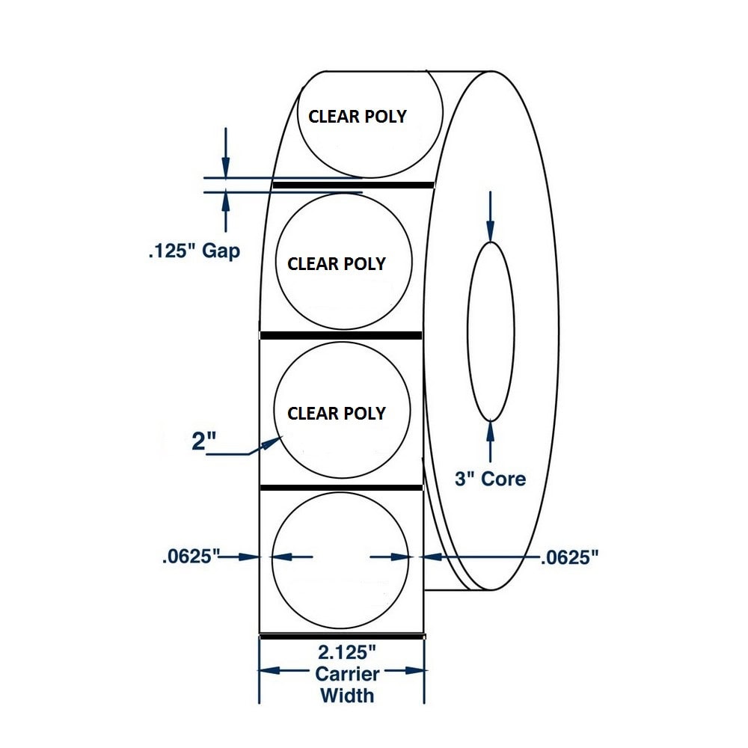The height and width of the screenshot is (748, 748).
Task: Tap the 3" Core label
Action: (x=491, y=478)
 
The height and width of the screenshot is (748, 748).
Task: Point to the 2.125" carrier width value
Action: (x=343, y=653)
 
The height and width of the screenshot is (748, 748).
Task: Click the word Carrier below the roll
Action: (x=347, y=674)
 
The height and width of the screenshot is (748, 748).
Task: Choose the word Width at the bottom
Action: (x=347, y=695)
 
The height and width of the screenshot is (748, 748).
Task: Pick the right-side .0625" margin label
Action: (x=569, y=557)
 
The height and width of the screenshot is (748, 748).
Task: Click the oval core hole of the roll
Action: (x=491, y=331)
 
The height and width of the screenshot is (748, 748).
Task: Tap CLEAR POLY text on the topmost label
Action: (x=358, y=117)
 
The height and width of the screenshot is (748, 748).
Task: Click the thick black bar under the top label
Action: (x=353, y=184)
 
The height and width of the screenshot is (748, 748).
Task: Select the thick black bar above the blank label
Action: (x=341, y=488)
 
